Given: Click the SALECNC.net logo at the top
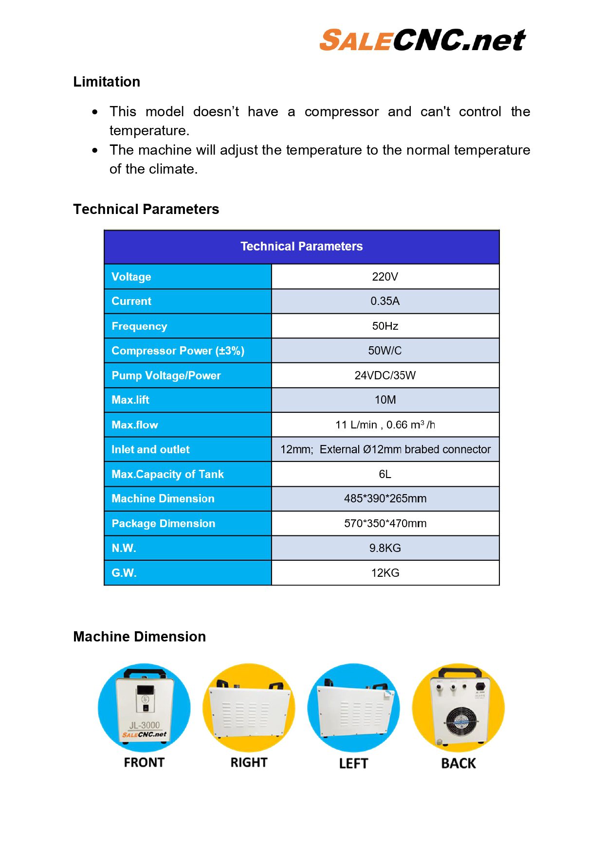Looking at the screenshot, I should pos(422,40).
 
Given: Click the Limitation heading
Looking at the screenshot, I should pos(107,82).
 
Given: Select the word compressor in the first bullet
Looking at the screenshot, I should pos(341,112).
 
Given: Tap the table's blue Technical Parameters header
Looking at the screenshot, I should pos(301,247).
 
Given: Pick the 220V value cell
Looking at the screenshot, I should pos(384,277).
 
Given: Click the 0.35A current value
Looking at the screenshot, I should pos(384,301).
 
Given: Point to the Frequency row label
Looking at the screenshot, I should pos(139,326).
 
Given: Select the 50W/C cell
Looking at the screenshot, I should pos(384,351).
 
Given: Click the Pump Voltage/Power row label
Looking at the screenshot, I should pos(166,375).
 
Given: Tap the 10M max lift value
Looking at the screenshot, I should pos(384,400).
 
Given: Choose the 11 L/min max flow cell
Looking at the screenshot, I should pos(384,425).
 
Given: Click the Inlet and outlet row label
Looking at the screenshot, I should pos(150,449).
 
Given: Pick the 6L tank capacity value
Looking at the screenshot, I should pos(384,474).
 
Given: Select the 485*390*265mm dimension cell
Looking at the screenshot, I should pos(384,498).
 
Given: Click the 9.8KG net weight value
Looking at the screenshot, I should pos(384,548).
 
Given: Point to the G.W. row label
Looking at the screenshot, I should pos(124,573).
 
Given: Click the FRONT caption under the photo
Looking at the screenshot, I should pos(144,762).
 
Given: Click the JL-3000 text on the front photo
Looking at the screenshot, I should pos(144,725).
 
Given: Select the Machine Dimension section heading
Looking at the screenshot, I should pos(139,637).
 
